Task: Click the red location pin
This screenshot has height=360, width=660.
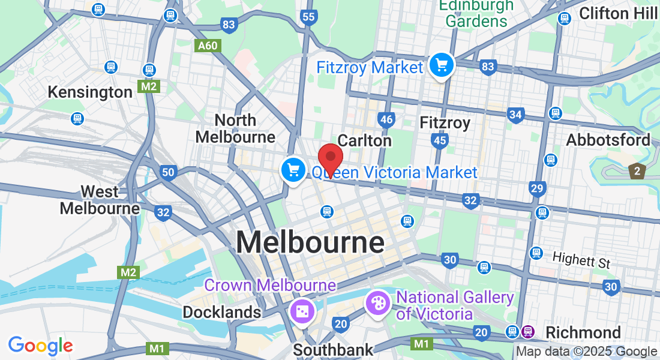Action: coord(330,158)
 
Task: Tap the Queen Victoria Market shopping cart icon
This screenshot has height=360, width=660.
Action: coord(293,170)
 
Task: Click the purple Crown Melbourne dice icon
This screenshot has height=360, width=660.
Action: coord(301,311)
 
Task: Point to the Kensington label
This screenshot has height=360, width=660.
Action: coord(90,92)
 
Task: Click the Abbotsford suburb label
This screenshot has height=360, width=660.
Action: coord(609,140)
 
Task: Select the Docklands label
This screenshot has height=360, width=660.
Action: coord(222,312)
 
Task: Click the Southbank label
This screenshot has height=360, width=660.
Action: coord(333,349)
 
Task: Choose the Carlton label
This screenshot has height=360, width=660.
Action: coord(365,140)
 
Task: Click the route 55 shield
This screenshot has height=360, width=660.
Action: coord(309,17)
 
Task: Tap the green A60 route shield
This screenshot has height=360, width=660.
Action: coord(209,45)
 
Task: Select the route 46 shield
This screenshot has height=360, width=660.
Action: coord(387,119)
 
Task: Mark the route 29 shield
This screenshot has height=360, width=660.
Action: coord(537,189)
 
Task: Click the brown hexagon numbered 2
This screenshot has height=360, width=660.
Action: coord(637,171)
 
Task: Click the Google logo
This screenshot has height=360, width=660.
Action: coord(40,346)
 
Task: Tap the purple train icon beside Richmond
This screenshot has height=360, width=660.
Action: coord(528,331)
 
